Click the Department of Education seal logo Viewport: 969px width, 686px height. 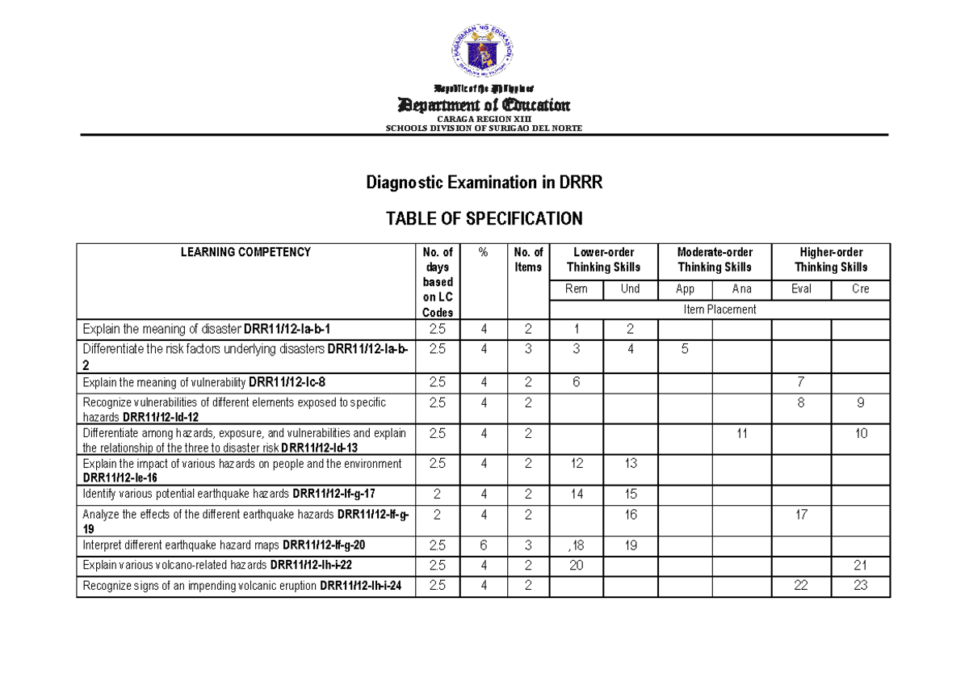pyautogui.click(x=483, y=50)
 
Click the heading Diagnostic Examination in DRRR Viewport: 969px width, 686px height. pyautogui.click(x=484, y=183)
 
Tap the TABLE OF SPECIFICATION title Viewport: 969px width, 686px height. pyautogui.click(x=484, y=218)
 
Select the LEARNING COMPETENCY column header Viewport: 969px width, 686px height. pyautogui.click(x=245, y=252)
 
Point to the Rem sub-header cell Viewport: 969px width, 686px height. pyautogui.click(x=577, y=289)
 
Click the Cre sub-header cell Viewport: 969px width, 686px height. pyautogui.click(x=861, y=289)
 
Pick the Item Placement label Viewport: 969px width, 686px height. pyautogui.click(x=719, y=309)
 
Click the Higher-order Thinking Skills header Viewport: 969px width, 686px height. pyautogui.click(x=831, y=259)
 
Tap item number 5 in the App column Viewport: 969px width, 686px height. pyautogui.click(x=685, y=349)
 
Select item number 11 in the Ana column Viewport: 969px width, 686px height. pyautogui.click(x=742, y=434)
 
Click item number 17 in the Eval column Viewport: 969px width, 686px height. pyautogui.click(x=801, y=514)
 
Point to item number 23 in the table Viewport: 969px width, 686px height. pyautogui.click(x=861, y=586)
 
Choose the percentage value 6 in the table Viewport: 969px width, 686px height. pyautogui.click(x=484, y=545)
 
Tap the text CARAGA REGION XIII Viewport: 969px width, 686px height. pyautogui.click(x=484, y=120)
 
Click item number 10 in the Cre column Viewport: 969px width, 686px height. pyautogui.click(x=861, y=434)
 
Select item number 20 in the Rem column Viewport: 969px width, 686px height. pyautogui.click(x=576, y=566)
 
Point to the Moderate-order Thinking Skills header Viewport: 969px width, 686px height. pyautogui.click(x=715, y=259)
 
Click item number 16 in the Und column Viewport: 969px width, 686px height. pyautogui.click(x=631, y=514)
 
